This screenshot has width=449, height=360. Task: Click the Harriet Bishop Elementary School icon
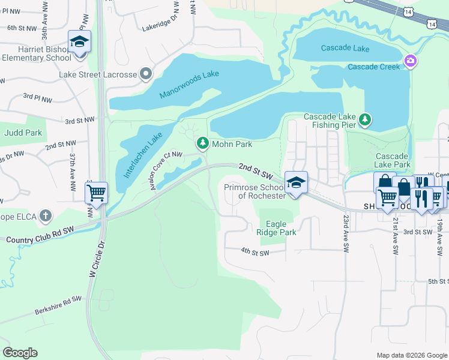(79, 42)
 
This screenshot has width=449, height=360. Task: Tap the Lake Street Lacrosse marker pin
(145, 74)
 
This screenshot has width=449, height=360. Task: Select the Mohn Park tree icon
(203, 143)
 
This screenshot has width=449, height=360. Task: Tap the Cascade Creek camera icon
(411, 61)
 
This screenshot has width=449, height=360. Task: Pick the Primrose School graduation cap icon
(295, 182)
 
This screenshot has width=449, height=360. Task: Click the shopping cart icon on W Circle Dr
(96, 193)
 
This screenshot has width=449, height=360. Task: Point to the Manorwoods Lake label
(189, 85)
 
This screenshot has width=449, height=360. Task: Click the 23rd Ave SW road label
(346, 233)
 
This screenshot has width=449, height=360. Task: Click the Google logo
(20, 353)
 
